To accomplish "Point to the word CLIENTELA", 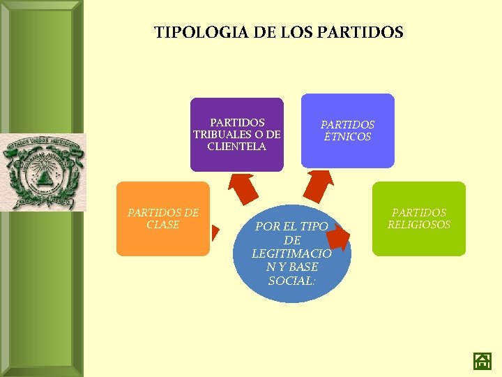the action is click(236, 147).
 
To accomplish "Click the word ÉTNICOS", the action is click(347, 137).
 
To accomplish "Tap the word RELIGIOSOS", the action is click(418, 225).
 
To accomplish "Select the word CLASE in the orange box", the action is click(162, 225).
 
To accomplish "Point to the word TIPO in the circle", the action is click(314, 226).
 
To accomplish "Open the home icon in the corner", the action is click(482, 360).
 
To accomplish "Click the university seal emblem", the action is click(44, 172).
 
